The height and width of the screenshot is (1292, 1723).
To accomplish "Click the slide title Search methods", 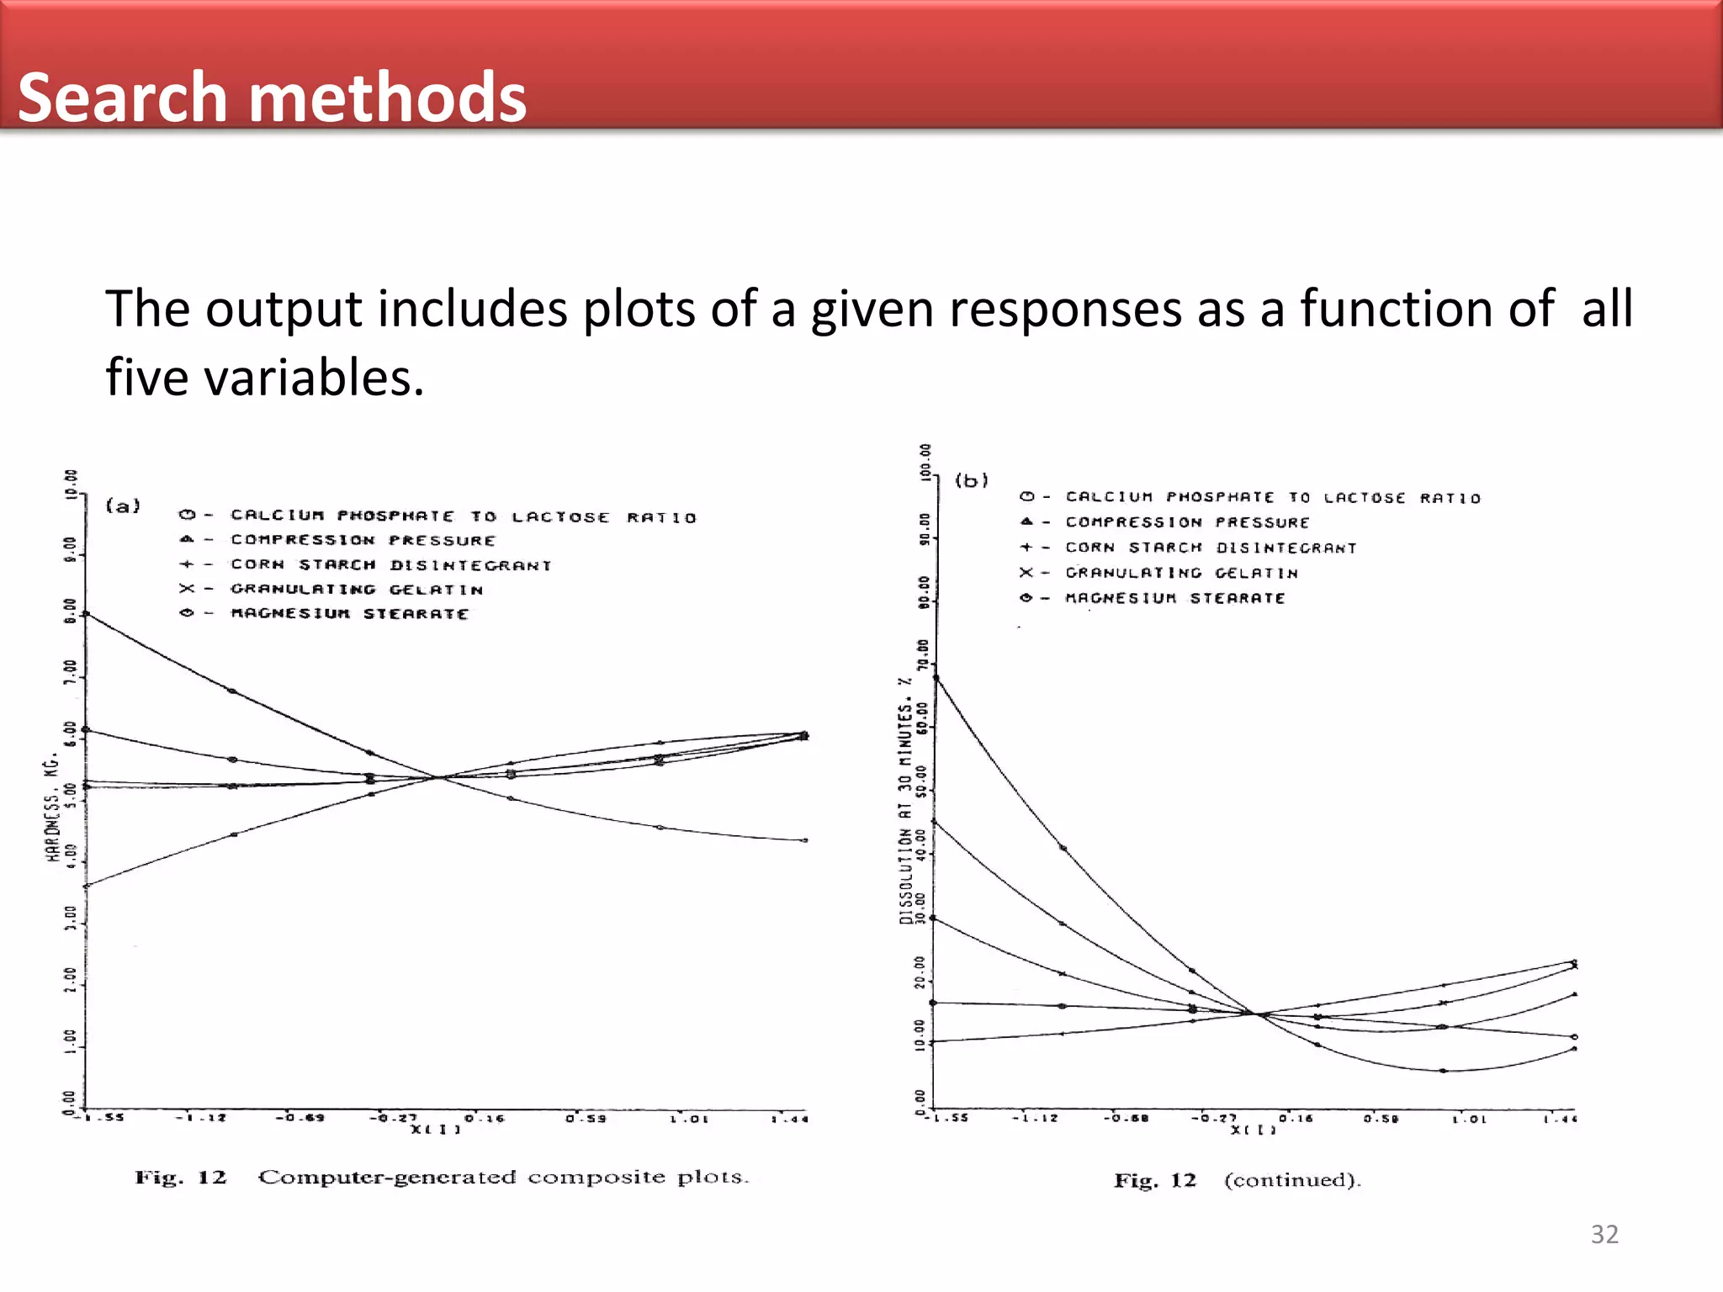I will pos(272,97).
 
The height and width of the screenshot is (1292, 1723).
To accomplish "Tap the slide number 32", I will pos(1604,1234).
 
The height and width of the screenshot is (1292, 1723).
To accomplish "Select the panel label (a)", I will pos(123,506).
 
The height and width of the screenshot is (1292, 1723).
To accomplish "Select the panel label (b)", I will pos(971,480).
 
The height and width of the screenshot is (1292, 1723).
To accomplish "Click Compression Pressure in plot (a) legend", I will pos(363,540).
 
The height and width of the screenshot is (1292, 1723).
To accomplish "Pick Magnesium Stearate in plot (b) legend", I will pos(1174,598).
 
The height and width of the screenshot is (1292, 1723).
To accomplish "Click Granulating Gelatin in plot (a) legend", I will pos(357,590).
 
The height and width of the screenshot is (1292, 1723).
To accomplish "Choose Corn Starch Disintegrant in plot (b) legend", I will pos(1211,548).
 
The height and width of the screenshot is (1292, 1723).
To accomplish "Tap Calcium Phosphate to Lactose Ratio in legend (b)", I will pos(1272,498).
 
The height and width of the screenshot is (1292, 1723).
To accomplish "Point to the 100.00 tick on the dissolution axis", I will pos(925,461).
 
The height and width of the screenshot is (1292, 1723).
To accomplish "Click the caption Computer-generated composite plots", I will pos(502,1177).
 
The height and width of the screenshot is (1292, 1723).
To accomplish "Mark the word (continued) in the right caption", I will pos(1291,1180).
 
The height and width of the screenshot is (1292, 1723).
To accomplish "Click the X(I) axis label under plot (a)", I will pos(435,1130).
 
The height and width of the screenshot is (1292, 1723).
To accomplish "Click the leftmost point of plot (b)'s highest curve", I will pos(936,677).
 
